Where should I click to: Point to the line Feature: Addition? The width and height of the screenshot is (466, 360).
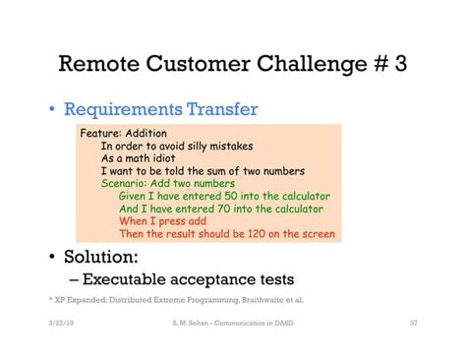click(x=125, y=133)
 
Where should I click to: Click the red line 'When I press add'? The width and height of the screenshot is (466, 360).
click(x=168, y=221)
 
